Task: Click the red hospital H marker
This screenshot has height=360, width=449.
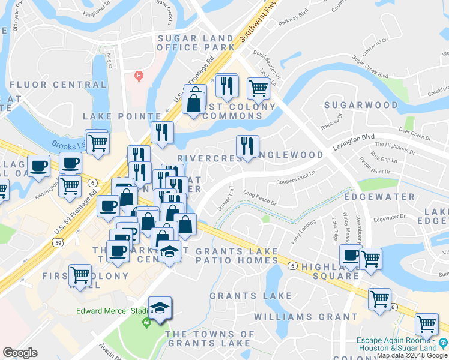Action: tap(139, 76)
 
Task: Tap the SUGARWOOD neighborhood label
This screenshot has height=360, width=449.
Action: tap(361, 105)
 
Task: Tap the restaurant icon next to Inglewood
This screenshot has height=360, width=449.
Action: tap(247, 146)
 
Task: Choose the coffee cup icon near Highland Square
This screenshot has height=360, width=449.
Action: tap(351, 256)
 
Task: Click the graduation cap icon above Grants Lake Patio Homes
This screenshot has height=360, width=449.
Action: tap(170, 251)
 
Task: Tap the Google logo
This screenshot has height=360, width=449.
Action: tap(20, 353)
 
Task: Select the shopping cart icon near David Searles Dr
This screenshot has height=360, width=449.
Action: tap(258, 88)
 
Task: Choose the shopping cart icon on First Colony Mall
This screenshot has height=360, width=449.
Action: tap(80, 275)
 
